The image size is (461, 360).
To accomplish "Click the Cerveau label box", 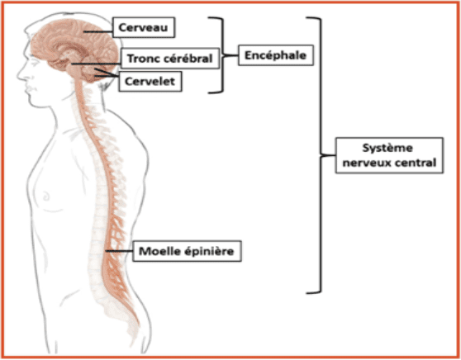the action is pyautogui.click(x=144, y=27).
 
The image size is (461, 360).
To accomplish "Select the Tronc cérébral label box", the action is pyautogui.click(x=170, y=59).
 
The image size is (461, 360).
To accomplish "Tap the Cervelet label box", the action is pyautogui.click(x=150, y=81).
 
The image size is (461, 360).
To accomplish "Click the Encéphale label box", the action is pyautogui.click(x=275, y=55).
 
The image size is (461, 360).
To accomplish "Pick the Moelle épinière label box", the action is pyautogui.click(x=187, y=251).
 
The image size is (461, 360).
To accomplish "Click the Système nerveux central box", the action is pyautogui.click(x=389, y=155).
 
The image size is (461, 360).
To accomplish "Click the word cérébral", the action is pyautogui.click(x=187, y=58).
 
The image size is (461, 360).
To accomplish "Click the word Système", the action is pyautogui.click(x=387, y=148).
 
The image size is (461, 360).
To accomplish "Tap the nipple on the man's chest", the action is pyautogui.click(x=46, y=196).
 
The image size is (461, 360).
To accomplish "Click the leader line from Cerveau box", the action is pyautogui.click(x=98, y=31).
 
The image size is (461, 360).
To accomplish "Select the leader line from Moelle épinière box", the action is pyautogui.click(x=119, y=251).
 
